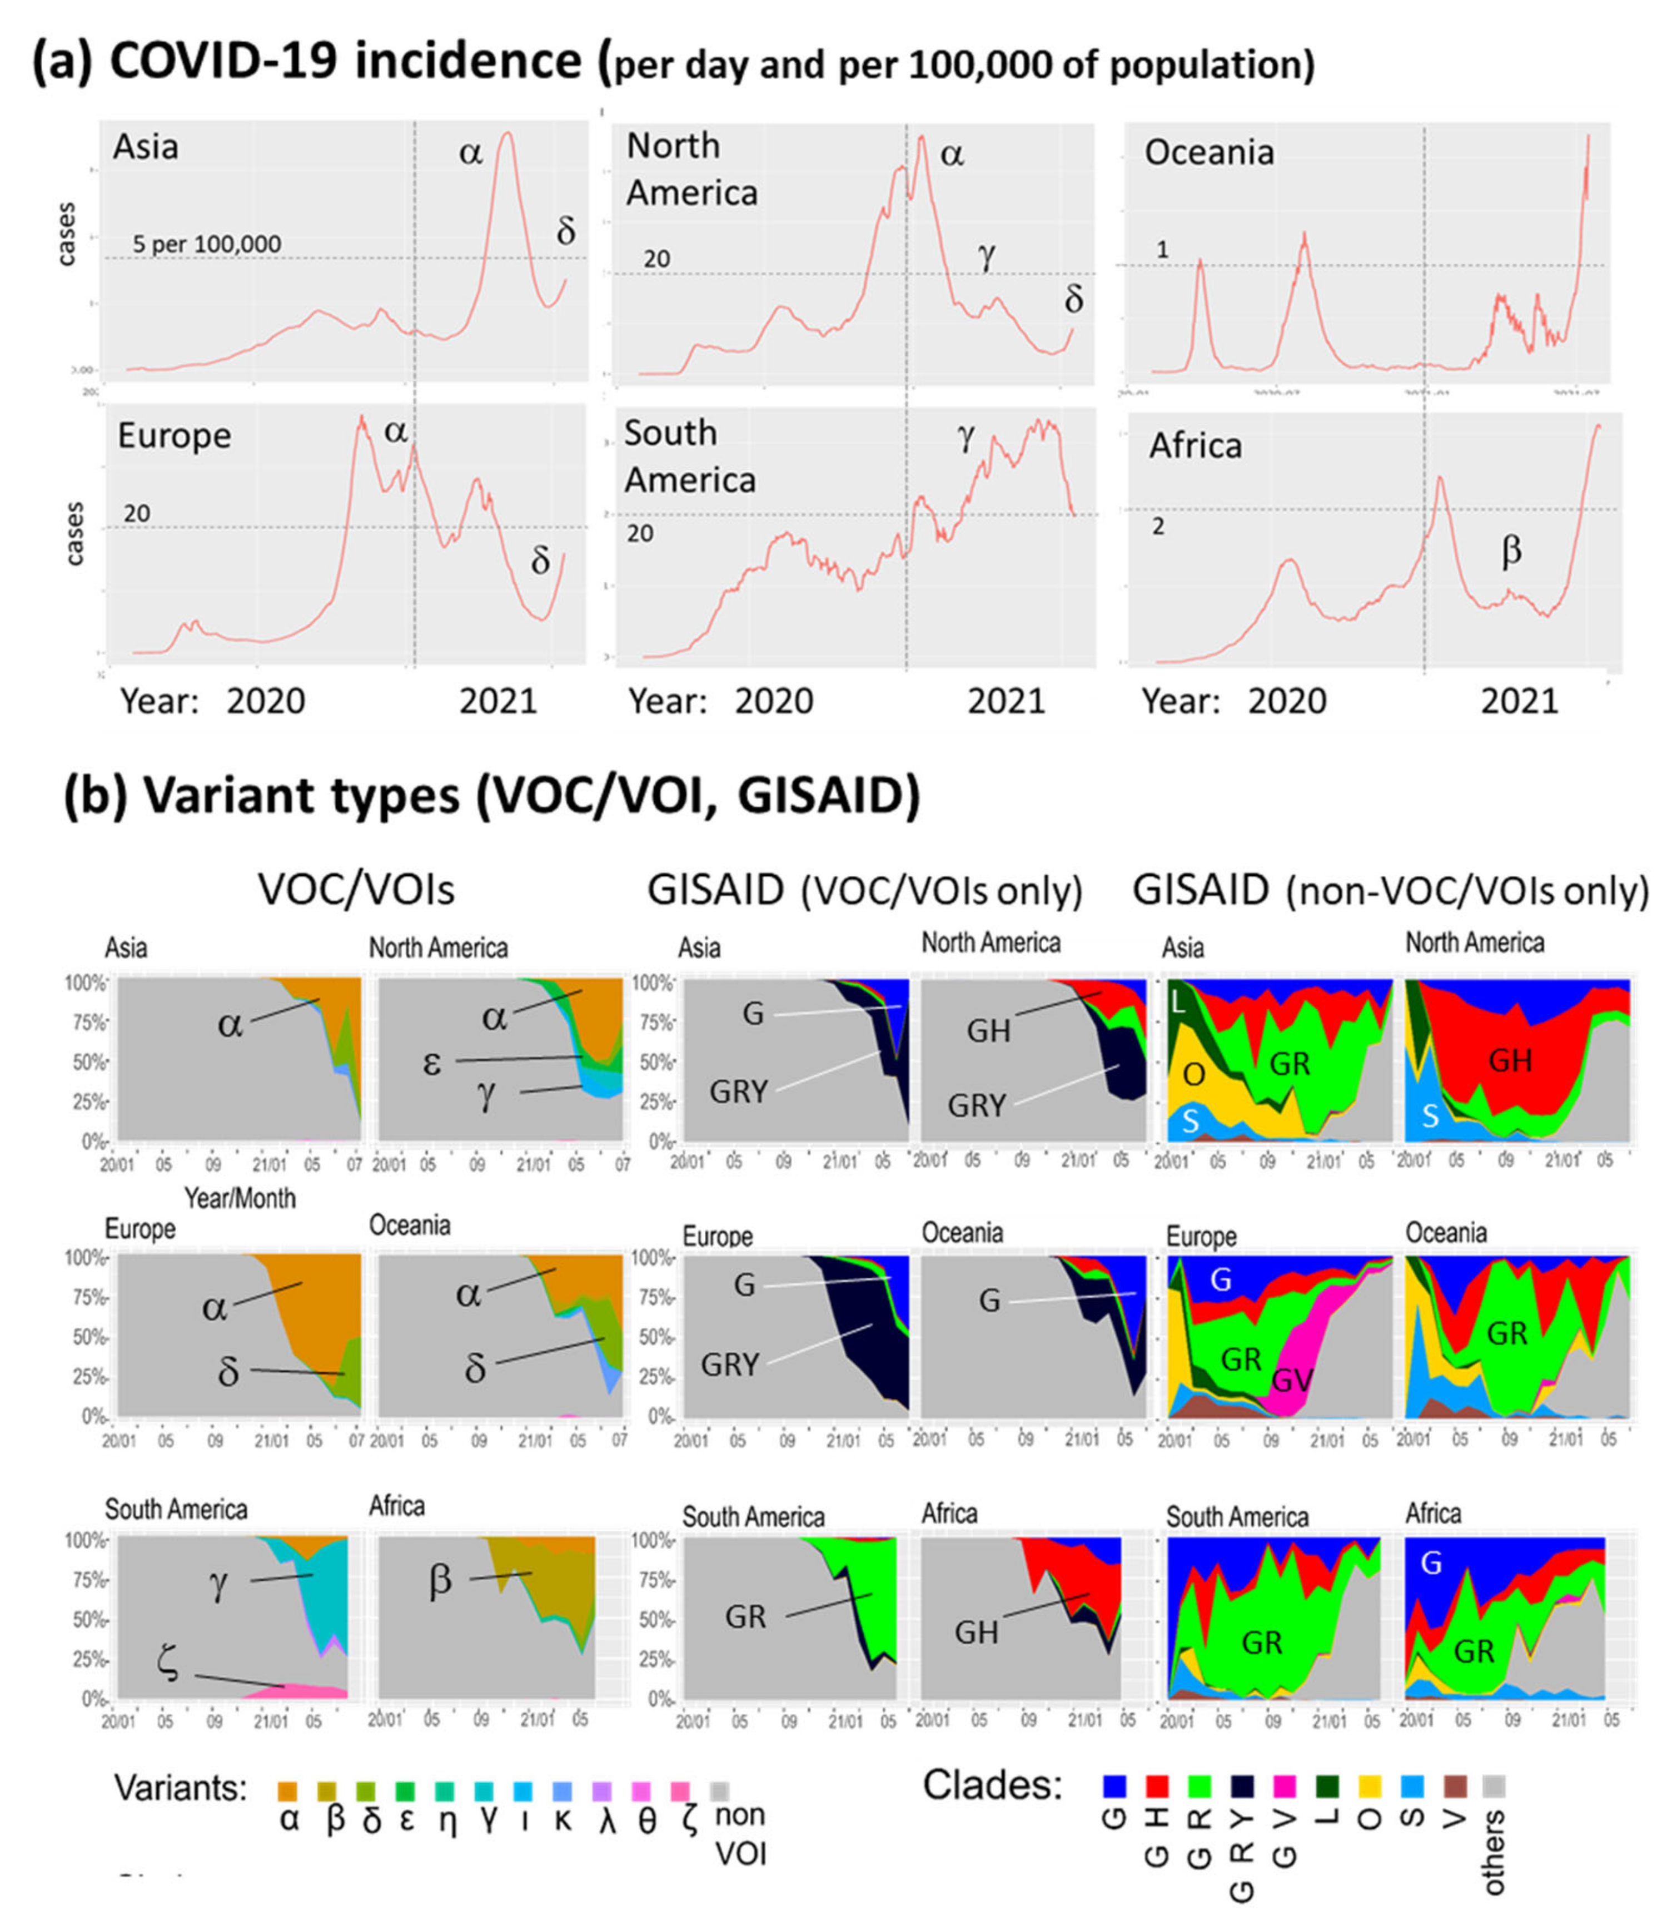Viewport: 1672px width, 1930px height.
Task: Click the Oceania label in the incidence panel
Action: [1208, 152]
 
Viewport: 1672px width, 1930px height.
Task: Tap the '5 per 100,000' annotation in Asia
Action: [206, 245]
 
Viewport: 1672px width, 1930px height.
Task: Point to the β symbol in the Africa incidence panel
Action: [1511, 550]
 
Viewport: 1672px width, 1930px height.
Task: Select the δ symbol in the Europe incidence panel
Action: [540, 560]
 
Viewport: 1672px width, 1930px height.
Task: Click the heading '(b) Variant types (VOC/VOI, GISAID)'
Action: [492, 796]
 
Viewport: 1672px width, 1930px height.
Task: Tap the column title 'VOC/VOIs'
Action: [356, 890]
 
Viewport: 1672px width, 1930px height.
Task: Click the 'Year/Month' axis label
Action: [240, 1198]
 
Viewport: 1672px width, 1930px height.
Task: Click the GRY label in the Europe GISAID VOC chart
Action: [730, 1365]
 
